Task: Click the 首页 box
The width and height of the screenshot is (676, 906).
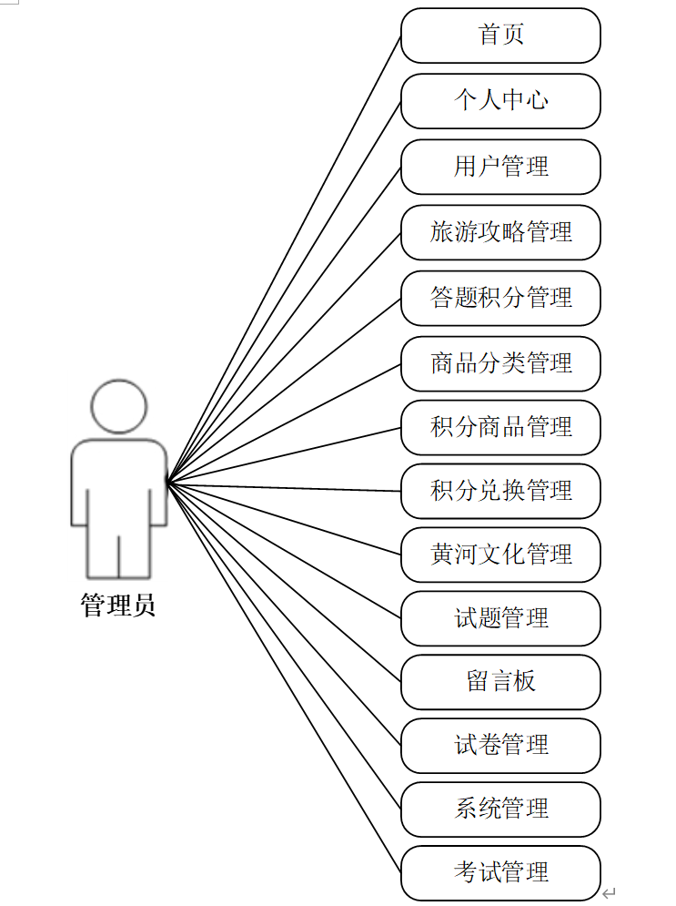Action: pyautogui.click(x=500, y=36)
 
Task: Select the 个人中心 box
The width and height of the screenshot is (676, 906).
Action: pyautogui.click(x=500, y=101)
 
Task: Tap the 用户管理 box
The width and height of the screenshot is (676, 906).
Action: pyautogui.click(x=500, y=167)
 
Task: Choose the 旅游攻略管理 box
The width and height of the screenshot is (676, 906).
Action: pyautogui.click(x=500, y=232)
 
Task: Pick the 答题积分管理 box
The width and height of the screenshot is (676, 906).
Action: pyautogui.click(x=500, y=298)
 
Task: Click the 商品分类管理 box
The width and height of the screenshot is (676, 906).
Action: pyautogui.click(x=500, y=363)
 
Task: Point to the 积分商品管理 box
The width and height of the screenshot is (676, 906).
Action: pyautogui.click(x=500, y=427)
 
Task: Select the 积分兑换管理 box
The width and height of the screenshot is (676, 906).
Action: pyautogui.click(x=500, y=491)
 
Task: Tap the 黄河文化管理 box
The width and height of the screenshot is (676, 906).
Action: pyautogui.click(x=500, y=555)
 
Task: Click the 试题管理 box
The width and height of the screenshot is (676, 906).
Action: pyautogui.click(x=500, y=618)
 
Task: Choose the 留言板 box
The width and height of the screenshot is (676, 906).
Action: pyautogui.click(x=500, y=682)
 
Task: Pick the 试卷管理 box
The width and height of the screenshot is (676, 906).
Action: pyautogui.click(x=500, y=746)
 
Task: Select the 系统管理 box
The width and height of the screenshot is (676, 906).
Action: pyautogui.click(x=500, y=809)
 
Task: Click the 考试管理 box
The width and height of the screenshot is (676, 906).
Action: pyautogui.click(x=500, y=872)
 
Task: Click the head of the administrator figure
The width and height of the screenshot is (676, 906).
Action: pyautogui.click(x=119, y=406)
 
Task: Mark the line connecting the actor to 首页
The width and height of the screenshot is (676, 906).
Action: pyautogui.click(x=284, y=258)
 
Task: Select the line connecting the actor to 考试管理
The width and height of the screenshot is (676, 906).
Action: pyautogui.click(x=284, y=677)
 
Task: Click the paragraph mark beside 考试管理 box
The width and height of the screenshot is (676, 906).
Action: pyautogui.click(x=609, y=893)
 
